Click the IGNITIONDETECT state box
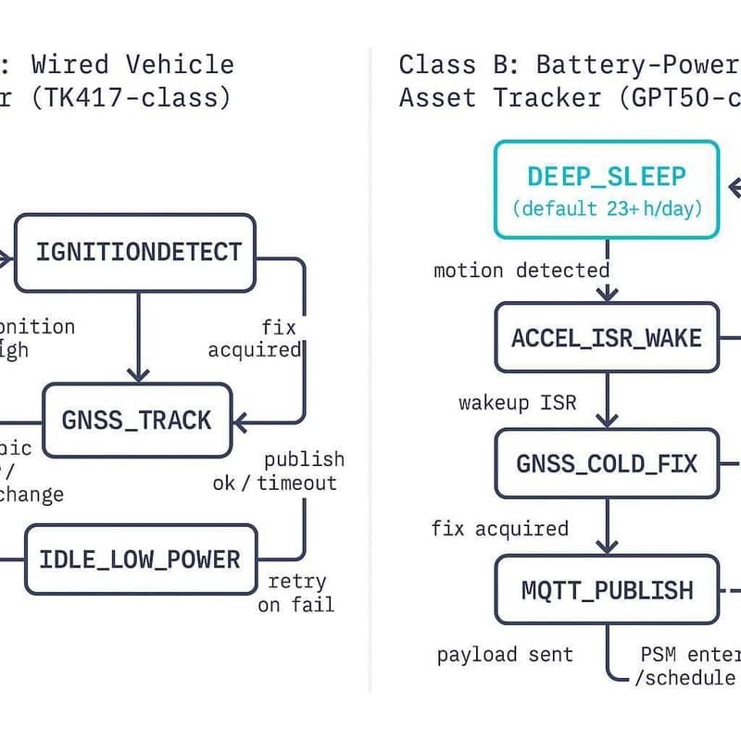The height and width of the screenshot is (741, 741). (x=136, y=252)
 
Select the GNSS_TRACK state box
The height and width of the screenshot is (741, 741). (x=137, y=420)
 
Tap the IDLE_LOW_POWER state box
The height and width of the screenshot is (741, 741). (x=140, y=559)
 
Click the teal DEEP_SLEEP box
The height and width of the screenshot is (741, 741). (x=607, y=189)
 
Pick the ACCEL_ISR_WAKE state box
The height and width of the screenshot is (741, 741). (x=607, y=337)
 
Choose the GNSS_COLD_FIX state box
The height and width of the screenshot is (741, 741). (x=607, y=463)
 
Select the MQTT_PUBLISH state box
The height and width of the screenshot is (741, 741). (x=607, y=589)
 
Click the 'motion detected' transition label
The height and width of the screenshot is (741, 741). (x=521, y=270)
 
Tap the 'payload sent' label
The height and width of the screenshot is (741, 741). (x=505, y=655)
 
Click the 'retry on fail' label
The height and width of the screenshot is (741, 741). (x=297, y=593)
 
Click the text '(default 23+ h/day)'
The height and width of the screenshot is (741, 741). (x=607, y=208)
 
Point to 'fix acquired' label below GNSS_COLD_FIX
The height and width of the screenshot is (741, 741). (x=500, y=529)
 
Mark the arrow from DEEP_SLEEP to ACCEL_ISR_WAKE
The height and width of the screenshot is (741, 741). (x=607, y=270)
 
